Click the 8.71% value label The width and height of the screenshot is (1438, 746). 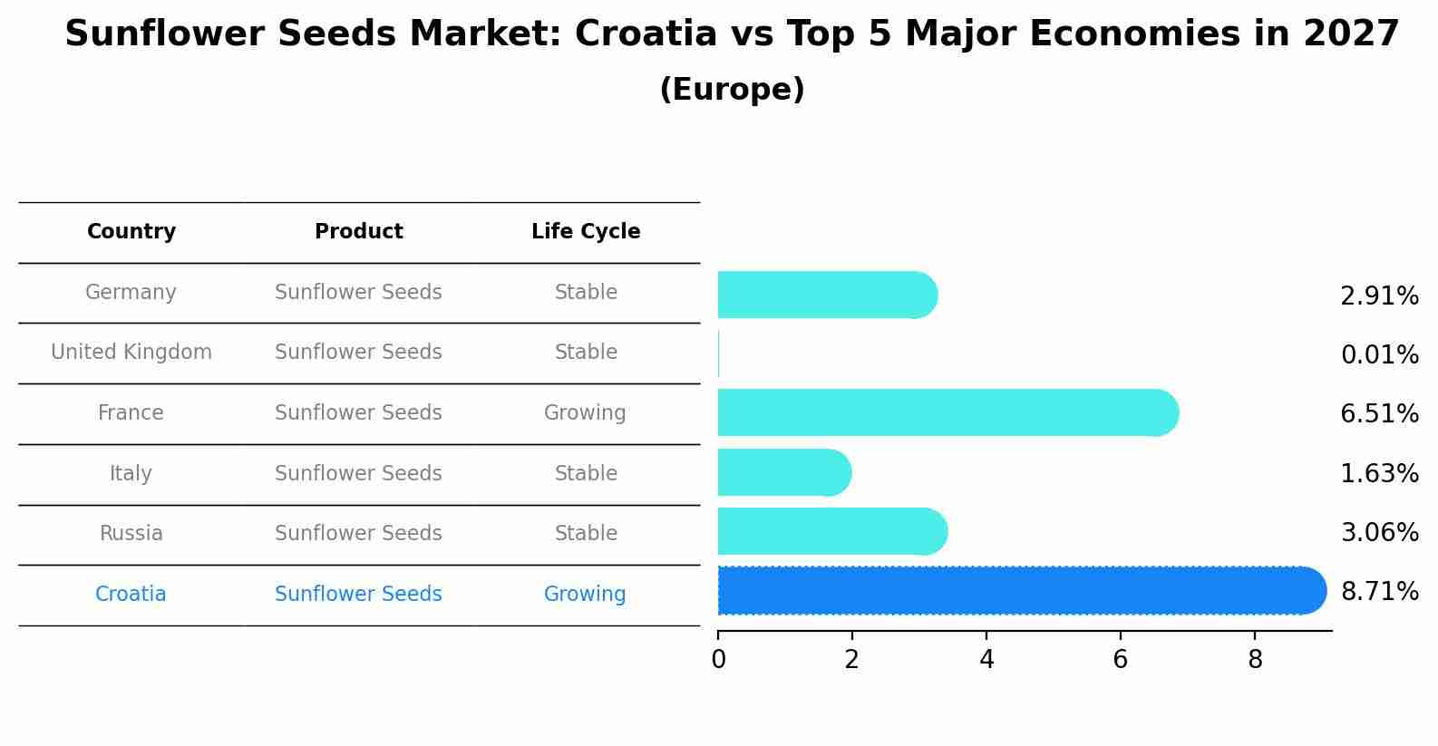point(1379,592)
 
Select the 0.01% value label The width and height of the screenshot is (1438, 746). point(1379,355)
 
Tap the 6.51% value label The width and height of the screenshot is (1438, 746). point(1379,414)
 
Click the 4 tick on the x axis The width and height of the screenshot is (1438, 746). point(986,660)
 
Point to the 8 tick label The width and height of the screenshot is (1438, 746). point(1255,660)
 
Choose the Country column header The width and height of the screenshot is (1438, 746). point(131,232)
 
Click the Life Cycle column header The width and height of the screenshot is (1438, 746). point(586,232)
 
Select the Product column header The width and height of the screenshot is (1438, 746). point(359,232)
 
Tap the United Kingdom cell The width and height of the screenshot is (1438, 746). point(131,353)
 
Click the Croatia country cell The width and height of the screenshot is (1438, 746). point(131,595)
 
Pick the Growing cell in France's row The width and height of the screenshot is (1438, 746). point(585,413)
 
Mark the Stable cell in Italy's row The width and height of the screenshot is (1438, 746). point(586,474)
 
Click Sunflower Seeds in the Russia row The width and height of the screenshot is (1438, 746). point(358,534)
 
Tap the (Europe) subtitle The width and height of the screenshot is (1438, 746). point(732,90)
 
